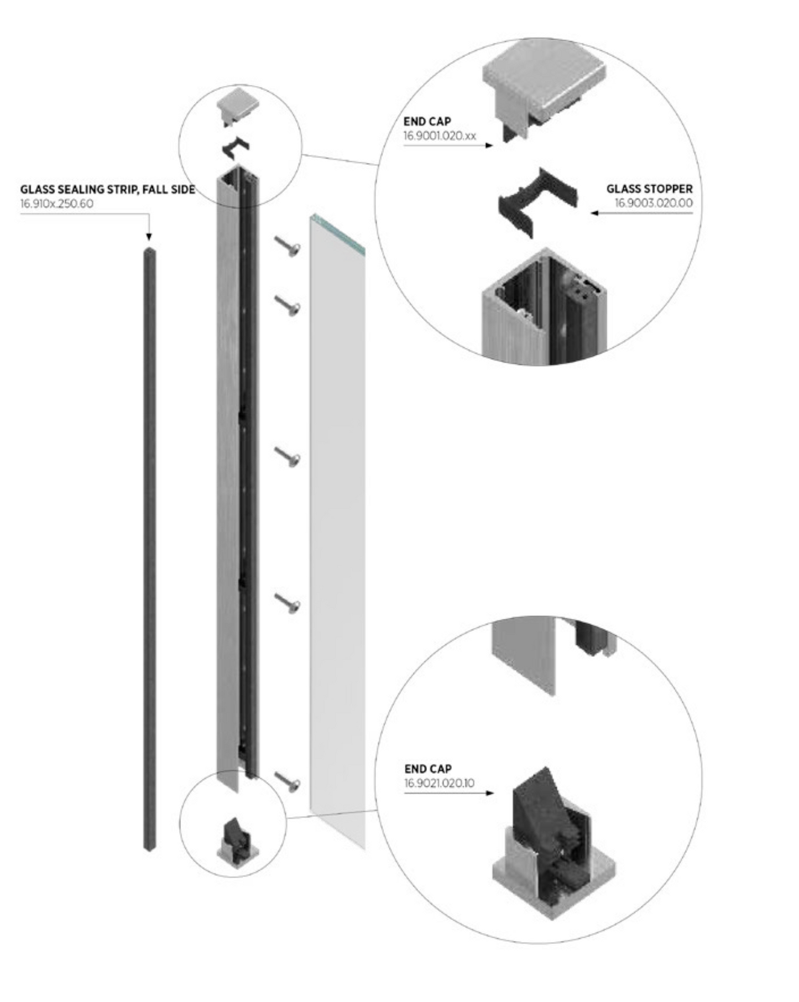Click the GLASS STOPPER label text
[x=649, y=189]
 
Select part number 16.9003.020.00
[x=653, y=203]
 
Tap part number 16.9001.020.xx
[x=439, y=136]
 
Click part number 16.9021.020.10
[x=439, y=783]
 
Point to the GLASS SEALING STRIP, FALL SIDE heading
[x=108, y=190]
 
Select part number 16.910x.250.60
[x=57, y=203]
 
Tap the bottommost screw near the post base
[x=288, y=781]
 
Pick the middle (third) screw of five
[x=288, y=456]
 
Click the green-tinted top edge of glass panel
[x=337, y=232]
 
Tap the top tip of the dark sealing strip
[x=149, y=252]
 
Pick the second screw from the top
[x=288, y=304]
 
